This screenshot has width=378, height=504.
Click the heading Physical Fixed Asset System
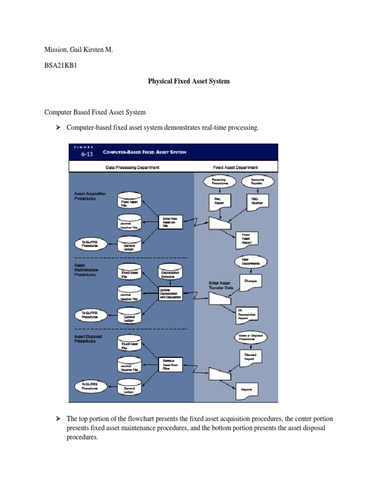click(189, 81)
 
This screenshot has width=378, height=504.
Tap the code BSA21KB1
click(62, 65)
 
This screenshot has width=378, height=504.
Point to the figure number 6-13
click(87, 154)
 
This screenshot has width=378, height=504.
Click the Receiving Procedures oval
click(219, 182)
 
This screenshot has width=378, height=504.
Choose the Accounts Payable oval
click(257, 182)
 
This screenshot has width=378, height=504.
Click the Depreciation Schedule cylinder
click(170, 273)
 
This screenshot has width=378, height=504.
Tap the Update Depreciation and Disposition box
click(170, 294)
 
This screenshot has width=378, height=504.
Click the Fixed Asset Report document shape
click(246, 239)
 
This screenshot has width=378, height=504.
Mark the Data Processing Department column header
click(132, 167)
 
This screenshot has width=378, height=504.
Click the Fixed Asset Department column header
click(235, 167)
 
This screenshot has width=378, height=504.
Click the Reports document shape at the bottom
click(247, 390)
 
